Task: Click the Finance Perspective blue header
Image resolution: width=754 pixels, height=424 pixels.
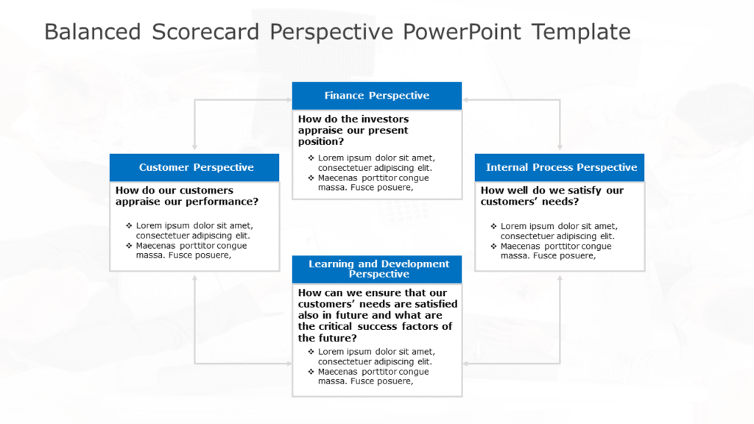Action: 376,96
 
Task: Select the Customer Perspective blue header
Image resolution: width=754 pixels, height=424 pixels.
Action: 196,167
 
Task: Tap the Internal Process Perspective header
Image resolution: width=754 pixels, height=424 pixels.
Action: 560,167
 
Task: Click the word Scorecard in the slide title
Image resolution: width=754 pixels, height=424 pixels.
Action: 205,32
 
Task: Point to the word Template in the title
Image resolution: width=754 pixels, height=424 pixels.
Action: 581,32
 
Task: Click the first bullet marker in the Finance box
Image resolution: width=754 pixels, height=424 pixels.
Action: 311,158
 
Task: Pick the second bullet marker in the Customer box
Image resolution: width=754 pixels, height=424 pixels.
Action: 129,246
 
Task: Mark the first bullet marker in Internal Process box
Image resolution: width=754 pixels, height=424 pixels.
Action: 494,226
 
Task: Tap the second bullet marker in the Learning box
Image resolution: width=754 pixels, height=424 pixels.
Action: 311,372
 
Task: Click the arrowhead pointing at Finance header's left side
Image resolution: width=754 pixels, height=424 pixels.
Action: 289,99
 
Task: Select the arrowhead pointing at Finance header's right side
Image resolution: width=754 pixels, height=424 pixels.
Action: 466,99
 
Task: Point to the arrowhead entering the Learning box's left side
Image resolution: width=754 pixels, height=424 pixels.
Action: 289,363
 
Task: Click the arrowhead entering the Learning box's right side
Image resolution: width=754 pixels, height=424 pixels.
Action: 466,363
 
